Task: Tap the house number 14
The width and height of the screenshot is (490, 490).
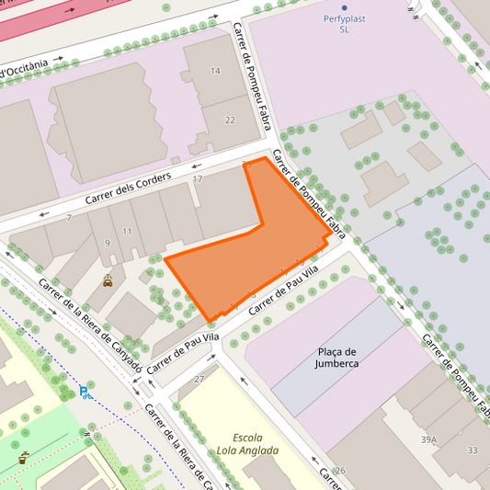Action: coord(215,71)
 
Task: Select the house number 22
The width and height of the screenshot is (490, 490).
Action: coord(230,120)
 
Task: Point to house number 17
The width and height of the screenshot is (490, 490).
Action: coord(198,178)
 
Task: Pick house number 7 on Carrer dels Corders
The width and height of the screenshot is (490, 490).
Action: coord(69,218)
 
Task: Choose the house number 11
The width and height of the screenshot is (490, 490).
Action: coord(127,231)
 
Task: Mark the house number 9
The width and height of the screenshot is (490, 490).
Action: coord(107,243)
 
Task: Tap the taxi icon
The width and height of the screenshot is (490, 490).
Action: coord(108,282)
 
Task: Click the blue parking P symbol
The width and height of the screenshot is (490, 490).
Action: coord(84,392)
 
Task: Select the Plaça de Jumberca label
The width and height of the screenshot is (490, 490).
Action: coord(337,358)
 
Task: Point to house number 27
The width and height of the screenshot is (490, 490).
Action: coord(199,379)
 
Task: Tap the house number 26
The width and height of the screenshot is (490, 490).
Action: coord(340,471)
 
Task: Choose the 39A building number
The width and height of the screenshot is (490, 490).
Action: coord(428,439)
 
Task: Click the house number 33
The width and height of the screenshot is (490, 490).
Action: coord(472,450)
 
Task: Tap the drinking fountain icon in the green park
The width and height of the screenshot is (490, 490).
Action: coord(24,455)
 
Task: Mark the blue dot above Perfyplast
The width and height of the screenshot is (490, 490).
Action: coord(345,7)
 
